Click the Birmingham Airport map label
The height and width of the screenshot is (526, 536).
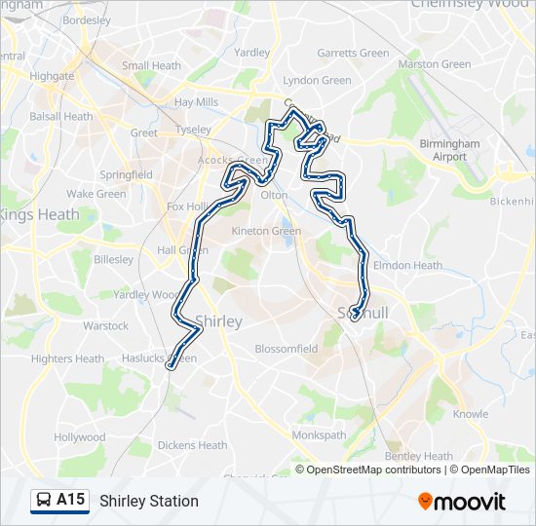(449, 150)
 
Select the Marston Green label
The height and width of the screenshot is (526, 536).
(434, 64)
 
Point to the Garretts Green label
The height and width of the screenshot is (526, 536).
(352, 53)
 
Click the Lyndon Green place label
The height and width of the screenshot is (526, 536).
(316, 81)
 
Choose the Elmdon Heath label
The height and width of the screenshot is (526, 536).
(408, 265)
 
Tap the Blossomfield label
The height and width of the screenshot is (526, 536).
(286, 349)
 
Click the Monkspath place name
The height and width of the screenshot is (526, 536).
(320, 434)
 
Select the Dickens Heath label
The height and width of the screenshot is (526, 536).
(192, 446)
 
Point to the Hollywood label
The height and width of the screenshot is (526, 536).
(80, 437)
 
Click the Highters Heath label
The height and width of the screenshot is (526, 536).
(67, 358)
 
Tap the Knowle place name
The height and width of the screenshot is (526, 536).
(471, 415)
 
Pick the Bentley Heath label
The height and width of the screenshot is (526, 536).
(419, 456)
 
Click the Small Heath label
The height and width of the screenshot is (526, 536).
(151, 66)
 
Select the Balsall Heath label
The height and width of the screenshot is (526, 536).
(61, 117)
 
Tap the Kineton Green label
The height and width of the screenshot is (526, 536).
(266, 232)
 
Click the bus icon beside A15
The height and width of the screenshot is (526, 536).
(45, 501)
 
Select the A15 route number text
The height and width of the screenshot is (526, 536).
(71, 500)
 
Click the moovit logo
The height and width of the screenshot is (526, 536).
(462, 502)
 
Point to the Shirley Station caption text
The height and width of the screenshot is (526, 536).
(148, 501)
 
